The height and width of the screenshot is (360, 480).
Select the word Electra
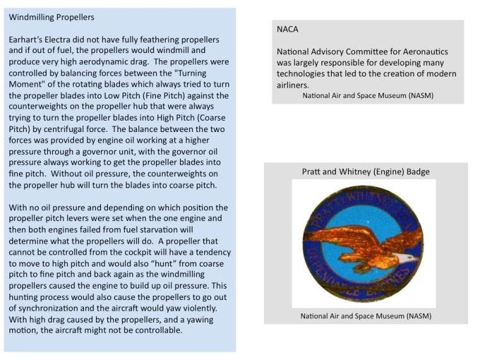click(61, 39)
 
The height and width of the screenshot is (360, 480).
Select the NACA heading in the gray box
click(287, 29)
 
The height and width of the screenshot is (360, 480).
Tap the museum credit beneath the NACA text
click(368, 95)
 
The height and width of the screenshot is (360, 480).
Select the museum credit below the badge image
click(366, 315)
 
